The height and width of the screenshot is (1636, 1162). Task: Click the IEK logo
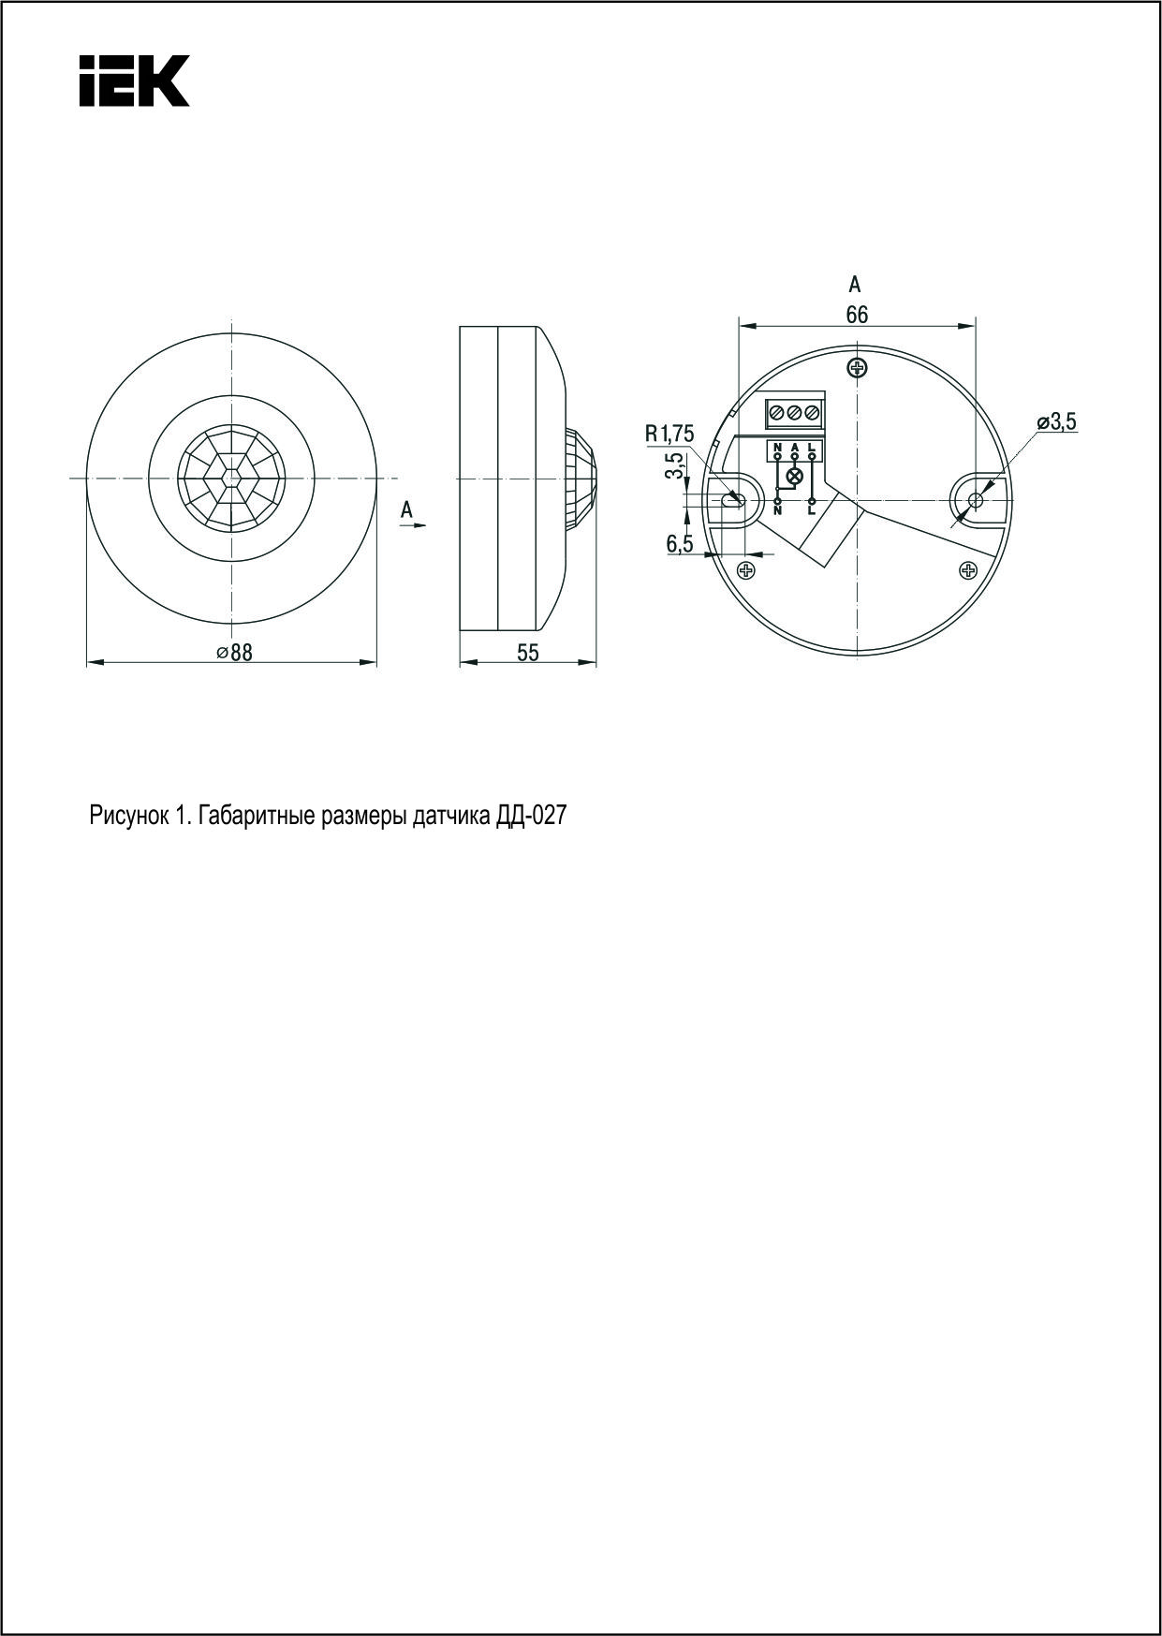134,80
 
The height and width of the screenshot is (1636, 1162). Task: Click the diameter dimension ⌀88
235,653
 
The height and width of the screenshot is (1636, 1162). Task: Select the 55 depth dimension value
528,653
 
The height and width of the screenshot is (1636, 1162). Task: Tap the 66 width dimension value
857,315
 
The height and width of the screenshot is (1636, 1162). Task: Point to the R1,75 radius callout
669,434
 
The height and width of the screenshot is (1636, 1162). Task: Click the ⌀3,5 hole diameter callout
1056,422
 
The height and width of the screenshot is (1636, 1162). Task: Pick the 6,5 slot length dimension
680,543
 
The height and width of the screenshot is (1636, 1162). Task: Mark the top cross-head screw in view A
855,367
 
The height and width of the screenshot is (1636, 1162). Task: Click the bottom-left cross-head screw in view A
746,569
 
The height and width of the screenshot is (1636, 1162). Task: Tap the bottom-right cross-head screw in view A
969,569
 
